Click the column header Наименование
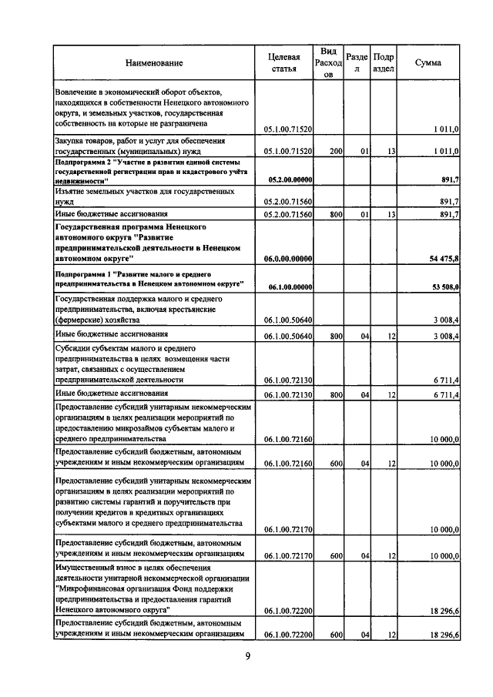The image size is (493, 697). click(x=154, y=62)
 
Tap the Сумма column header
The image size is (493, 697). click(x=428, y=62)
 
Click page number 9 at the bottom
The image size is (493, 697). click(x=248, y=656)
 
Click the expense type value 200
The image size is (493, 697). click(x=335, y=152)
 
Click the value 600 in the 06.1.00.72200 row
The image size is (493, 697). click(x=335, y=635)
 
